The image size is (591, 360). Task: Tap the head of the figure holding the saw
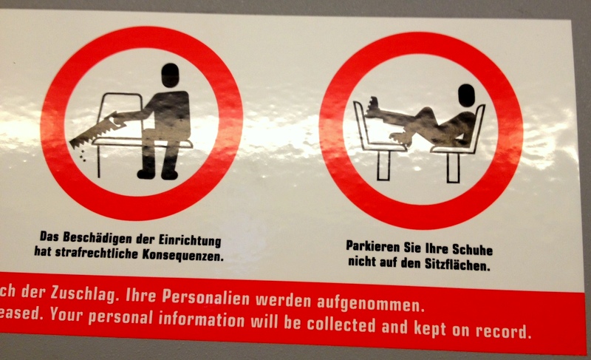tap(171, 75)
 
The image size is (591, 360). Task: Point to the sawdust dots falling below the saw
tap(82, 155)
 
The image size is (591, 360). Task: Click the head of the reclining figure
tap(466, 95)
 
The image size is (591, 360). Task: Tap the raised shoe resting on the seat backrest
tap(372, 106)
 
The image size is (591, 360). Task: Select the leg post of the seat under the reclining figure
tap(453, 168)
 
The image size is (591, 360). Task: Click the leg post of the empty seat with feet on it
tap(383, 166)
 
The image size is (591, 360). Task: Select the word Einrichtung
tap(190, 240)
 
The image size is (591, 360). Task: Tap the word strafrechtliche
tap(97, 253)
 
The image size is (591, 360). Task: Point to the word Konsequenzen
tap(182, 255)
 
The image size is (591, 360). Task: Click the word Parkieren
tap(373, 247)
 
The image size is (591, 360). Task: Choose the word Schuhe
tap(472, 250)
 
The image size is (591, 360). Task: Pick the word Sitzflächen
tap(457, 264)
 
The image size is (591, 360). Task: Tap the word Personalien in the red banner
tap(206, 297)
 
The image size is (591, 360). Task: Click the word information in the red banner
tap(201, 319)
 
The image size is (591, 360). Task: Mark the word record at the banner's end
tap(504, 330)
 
